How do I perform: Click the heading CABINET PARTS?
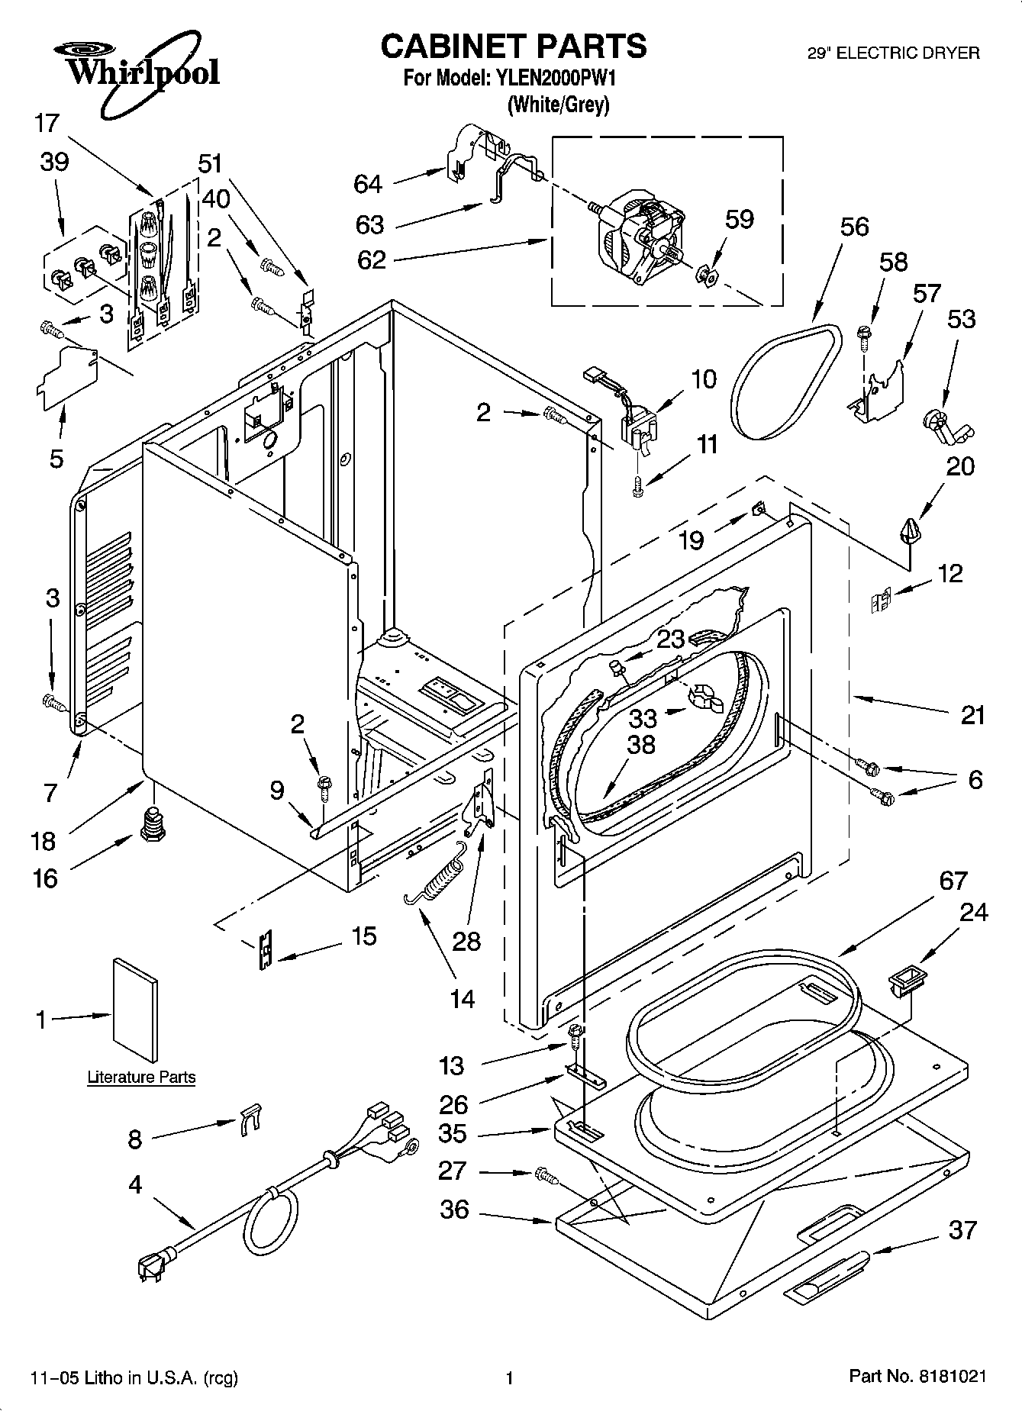coord(513,47)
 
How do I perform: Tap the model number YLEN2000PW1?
coord(556,78)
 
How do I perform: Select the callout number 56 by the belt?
coord(855,227)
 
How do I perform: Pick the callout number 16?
coord(45,878)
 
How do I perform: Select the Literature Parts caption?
coord(141,1078)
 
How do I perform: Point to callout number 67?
coord(953,881)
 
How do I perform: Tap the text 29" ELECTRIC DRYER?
coord(893,53)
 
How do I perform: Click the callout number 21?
coord(972,715)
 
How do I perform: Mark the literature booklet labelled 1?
coord(137,1010)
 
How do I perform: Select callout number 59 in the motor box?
coord(739,219)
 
